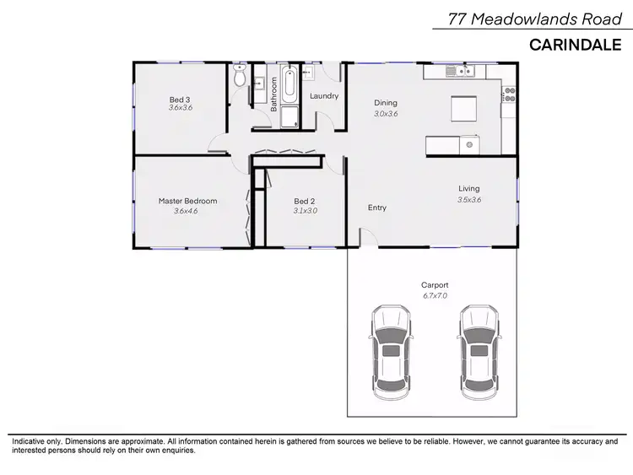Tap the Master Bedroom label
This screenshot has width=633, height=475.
click(x=188, y=201)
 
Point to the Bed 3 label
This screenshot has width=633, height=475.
click(x=181, y=99)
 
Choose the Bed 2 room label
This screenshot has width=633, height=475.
click(x=305, y=201)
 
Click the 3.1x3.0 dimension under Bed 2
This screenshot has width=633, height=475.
click(x=305, y=211)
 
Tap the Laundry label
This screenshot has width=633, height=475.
click(x=324, y=96)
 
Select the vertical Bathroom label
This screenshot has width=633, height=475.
click(x=273, y=97)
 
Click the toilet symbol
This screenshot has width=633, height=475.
click(x=240, y=78)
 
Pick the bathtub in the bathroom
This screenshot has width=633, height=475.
click(x=289, y=87)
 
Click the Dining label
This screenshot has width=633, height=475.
click(x=386, y=103)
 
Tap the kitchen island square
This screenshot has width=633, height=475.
click(x=463, y=110)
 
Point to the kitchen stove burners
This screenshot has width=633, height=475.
click(x=508, y=94)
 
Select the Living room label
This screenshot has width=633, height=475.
click(x=468, y=189)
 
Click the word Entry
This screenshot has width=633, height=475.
click(x=376, y=208)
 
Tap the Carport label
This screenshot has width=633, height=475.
click(x=434, y=285)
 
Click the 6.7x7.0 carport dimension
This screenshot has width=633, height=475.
click(x=434, y=295)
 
